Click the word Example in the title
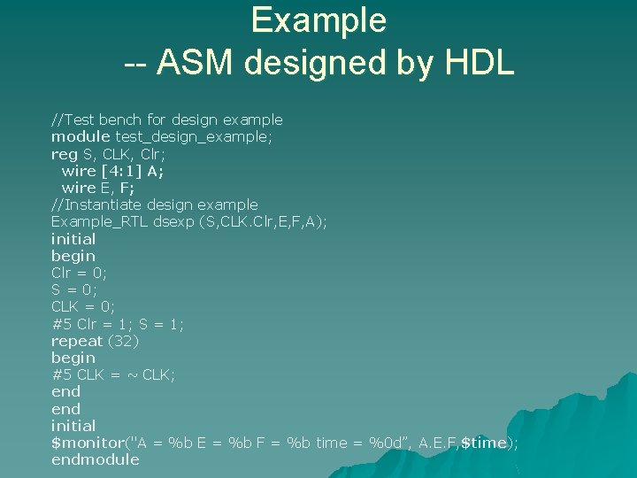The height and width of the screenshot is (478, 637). tap(318, 19)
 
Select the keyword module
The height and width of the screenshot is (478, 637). tap(81, 136)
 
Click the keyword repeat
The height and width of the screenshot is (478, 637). tap(77, 341)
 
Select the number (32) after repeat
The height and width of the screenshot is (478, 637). tap(124, 341)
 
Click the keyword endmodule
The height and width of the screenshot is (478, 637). tap(96, 459)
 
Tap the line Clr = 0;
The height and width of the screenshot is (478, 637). tap(79, 273)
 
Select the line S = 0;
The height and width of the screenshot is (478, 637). tap(74, 289)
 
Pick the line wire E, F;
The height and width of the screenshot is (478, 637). tap(98, 188)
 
